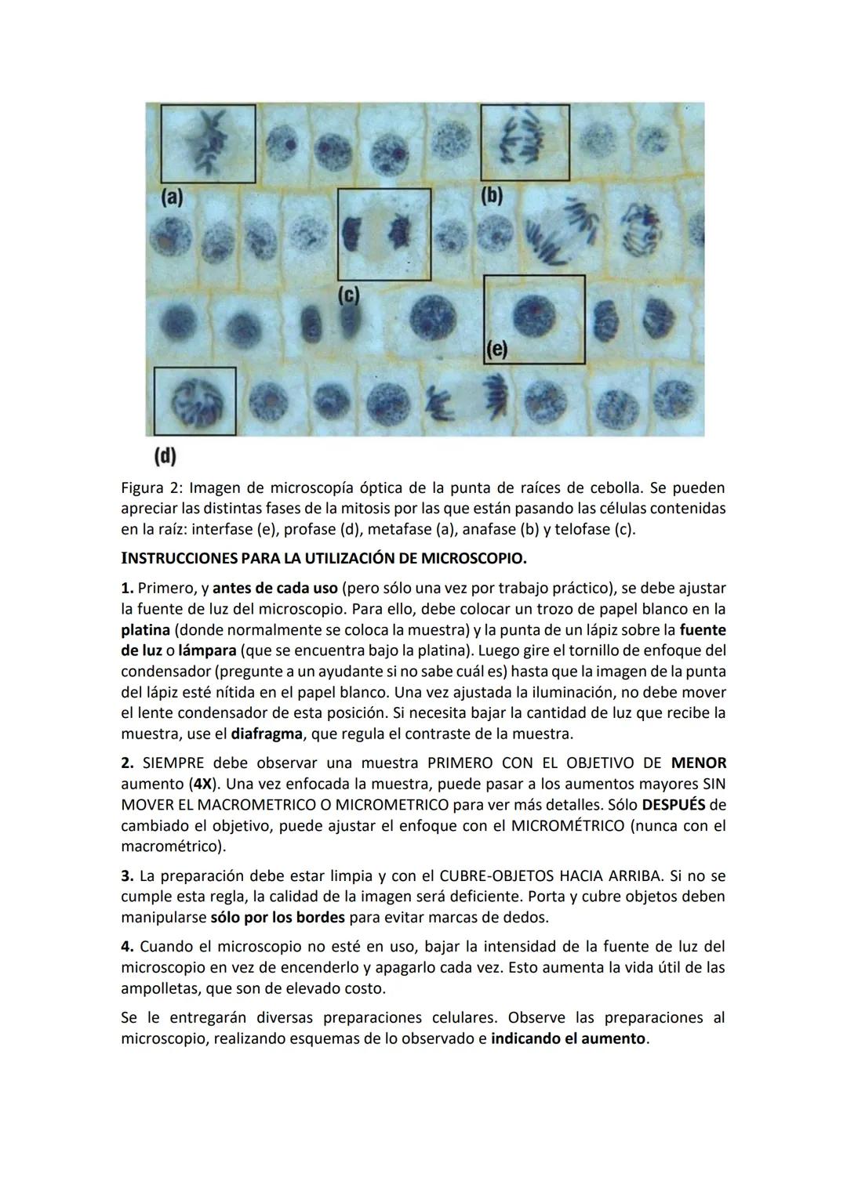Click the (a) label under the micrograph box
click(x=172, y=198)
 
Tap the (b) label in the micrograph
click(x=492, y=195)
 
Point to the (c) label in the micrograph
click(x=348, y=295)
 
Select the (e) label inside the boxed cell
click(x=496, y=350)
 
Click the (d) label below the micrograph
click(x=165, y=455)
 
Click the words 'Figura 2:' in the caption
click(x=152, y=488)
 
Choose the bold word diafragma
click(x=267, y=734)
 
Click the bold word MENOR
click(x=699, y=763)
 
